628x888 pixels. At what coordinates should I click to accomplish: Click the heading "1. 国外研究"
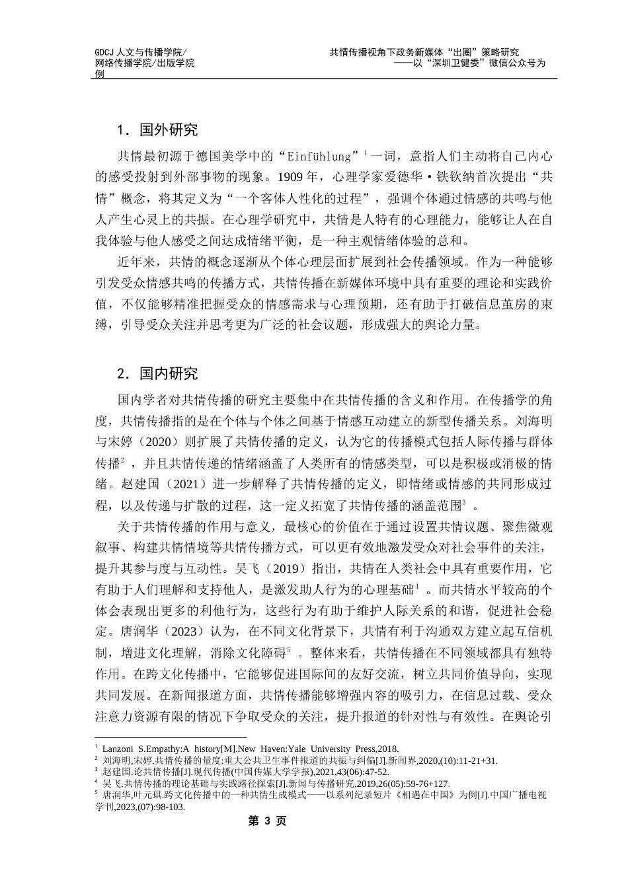coord(157,129)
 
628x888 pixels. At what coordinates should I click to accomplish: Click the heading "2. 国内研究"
coord(157,373)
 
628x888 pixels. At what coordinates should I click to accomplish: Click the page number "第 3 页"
coord(266,821)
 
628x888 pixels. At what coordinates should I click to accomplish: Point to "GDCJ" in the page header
coord(104,52)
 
